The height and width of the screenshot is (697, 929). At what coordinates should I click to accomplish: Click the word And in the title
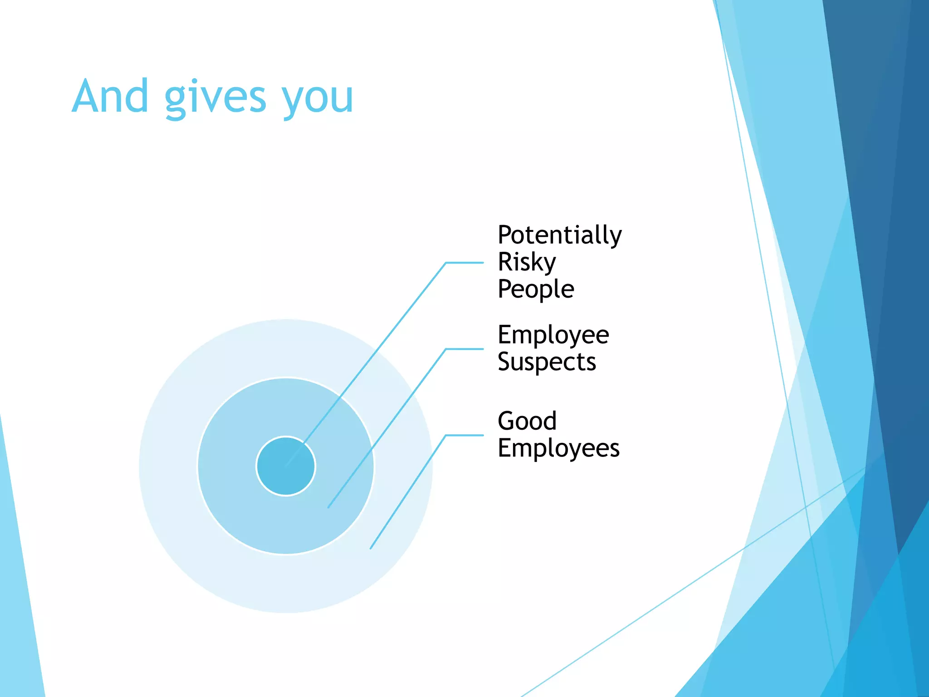(x=110, y=96)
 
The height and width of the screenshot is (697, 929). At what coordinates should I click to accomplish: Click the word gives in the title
(x=215, y=98)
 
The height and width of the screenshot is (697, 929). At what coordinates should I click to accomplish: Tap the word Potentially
(x=559, y=235)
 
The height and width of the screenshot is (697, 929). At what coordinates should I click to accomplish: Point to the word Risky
(x=526, y=262)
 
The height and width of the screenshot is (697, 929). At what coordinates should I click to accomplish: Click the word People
(x=536, y=289)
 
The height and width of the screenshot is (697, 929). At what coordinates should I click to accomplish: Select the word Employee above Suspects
(x=553, y=335)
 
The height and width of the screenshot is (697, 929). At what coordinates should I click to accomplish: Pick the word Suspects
(x=547, y=362)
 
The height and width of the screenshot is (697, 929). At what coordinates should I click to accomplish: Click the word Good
(x=527, y=421)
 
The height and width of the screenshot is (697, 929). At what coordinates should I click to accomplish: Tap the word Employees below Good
(x=558, y=448)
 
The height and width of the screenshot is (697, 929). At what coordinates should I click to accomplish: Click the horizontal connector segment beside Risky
(x=464, y=262)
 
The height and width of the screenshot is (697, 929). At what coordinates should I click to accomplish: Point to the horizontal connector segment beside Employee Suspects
(x=464, y=349)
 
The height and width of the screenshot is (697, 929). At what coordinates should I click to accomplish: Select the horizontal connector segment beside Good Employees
(x=464, y=435)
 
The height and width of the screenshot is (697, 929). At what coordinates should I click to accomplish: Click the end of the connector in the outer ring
(x=371, y=548)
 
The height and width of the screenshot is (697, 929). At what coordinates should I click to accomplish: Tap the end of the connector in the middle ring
(x=328, y=507)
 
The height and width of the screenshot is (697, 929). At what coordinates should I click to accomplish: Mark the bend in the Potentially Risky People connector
(x=446, y=262)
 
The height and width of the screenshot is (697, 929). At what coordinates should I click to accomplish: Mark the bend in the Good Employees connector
(x=446, y=435)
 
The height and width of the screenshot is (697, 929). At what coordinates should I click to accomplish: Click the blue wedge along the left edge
(x=18, y=590)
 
